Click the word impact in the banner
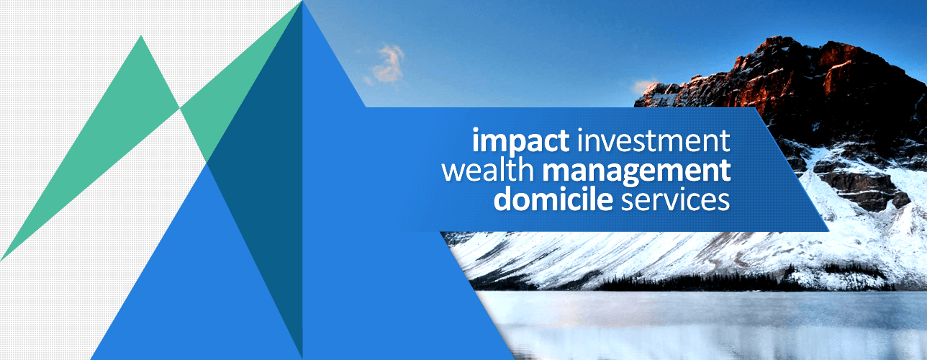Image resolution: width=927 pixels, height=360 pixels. point(520,142)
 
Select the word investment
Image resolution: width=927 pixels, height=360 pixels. point(654,140)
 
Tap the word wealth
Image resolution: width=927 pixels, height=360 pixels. point(488,169)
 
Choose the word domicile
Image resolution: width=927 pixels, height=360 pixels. point(553,198)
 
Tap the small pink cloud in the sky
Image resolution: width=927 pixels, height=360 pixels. point(388,63)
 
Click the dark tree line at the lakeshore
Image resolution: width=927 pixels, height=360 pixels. point(704,283)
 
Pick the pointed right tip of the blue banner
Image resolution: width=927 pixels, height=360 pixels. point(828,230)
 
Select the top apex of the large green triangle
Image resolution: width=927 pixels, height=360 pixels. point(141,36)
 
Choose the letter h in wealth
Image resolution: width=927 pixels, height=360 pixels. point(526,169)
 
